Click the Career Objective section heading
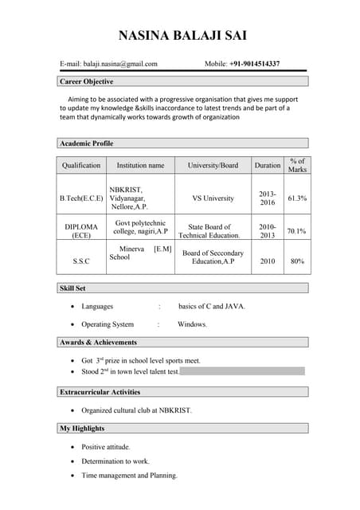tap(87, 81)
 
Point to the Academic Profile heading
tap(87, 143)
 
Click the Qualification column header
tap(81, 165)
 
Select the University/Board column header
tap(213, 165)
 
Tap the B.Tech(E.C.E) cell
tap(81, 198)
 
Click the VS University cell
tap(213, 198)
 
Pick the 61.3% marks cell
tap(297, 198)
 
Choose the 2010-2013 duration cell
tap(267, 231)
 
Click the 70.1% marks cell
tap(297, 231)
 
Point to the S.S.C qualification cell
tap(81, 261)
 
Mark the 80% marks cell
tap(297, 261)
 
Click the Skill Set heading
tap(73, 288)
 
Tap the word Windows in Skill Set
tap(192, 324)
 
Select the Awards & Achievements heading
tap(99, 343)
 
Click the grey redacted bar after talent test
tap(242, 371)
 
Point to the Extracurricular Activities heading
tap(100, 392)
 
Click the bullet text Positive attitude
tap(106, 447)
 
